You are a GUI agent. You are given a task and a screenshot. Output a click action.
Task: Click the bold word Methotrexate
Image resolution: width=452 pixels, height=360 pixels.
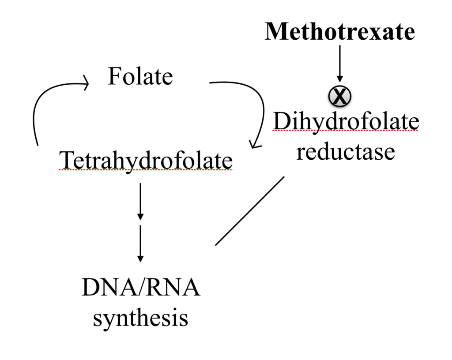click(339, 32)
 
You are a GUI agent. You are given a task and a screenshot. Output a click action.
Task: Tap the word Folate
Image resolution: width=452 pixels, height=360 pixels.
click(140, 77)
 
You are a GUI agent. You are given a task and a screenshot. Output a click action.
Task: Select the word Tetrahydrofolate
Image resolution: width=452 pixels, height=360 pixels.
click(146, 160)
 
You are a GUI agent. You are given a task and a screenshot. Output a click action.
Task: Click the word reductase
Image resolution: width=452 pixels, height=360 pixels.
click(345, 151)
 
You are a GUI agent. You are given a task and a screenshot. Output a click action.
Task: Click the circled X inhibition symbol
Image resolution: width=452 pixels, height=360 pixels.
click(339, 95)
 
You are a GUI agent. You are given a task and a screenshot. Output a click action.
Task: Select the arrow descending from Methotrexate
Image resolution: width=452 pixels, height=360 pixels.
click(339, 62)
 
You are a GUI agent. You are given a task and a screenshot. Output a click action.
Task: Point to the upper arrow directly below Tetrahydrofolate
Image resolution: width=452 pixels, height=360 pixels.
click(140, 201)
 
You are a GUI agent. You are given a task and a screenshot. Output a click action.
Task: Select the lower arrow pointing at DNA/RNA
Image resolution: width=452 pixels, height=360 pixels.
click(140, 243)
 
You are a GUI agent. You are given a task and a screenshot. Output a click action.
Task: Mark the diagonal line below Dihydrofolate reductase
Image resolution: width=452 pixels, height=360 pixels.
click(250, 210)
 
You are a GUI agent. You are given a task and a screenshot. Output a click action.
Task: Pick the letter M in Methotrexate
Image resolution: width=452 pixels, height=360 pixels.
click(275, 32)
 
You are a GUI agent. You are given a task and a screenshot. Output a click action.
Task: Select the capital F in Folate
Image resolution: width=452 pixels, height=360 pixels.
click(114, 77)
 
